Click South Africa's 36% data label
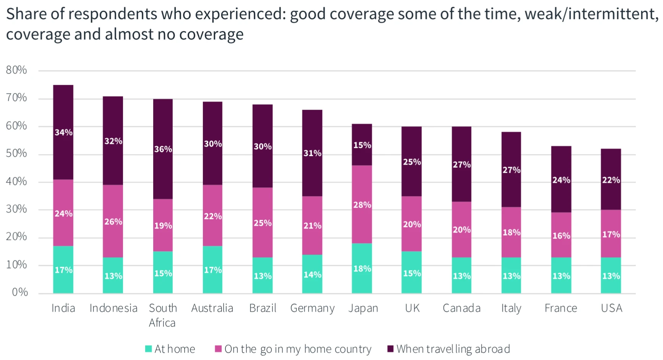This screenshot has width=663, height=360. click(x=163, y=149)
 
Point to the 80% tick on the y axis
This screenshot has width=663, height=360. click(x=16, y=70)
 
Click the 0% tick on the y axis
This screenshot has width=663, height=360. click(x=19, y=292)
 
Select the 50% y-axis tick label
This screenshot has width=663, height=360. click(x=16, y=154)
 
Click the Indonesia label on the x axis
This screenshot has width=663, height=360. click(x=113, y=308)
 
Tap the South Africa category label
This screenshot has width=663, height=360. click(x=163, y=315)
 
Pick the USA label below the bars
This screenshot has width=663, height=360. click(x=611, y=308)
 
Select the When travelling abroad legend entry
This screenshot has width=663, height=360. click(x=449, y=349)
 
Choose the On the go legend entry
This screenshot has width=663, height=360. click(x=293, y=349)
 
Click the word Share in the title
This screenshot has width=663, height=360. click(x=27, y=14)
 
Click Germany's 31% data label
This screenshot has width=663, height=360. click(x=312, y=153)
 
